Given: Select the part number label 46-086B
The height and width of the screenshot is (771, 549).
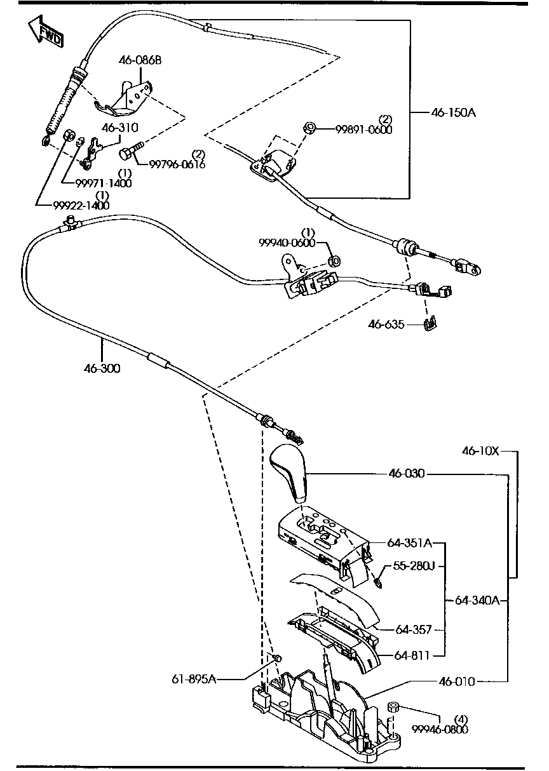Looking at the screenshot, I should [140, 61].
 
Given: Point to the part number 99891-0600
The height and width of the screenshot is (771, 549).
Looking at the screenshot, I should [364, 130].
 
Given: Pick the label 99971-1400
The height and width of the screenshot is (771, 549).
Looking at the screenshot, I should [103, 184].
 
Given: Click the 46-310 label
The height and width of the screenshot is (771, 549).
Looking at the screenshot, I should [119, 128].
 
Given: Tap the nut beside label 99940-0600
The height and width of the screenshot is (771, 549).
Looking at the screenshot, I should [334, 260].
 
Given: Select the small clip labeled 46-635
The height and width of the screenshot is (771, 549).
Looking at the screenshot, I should [430, 325].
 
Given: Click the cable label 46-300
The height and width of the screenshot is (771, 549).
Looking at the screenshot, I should [102, 368].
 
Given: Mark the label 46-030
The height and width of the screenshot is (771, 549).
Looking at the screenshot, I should [407, 474].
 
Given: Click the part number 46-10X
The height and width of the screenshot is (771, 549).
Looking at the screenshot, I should [480, 452].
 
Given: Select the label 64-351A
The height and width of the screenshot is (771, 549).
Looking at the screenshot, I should [410, 544].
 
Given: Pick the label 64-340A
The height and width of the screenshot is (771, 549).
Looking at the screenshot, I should [477, 600].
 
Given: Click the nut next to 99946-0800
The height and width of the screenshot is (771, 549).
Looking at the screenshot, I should [393, 706].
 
